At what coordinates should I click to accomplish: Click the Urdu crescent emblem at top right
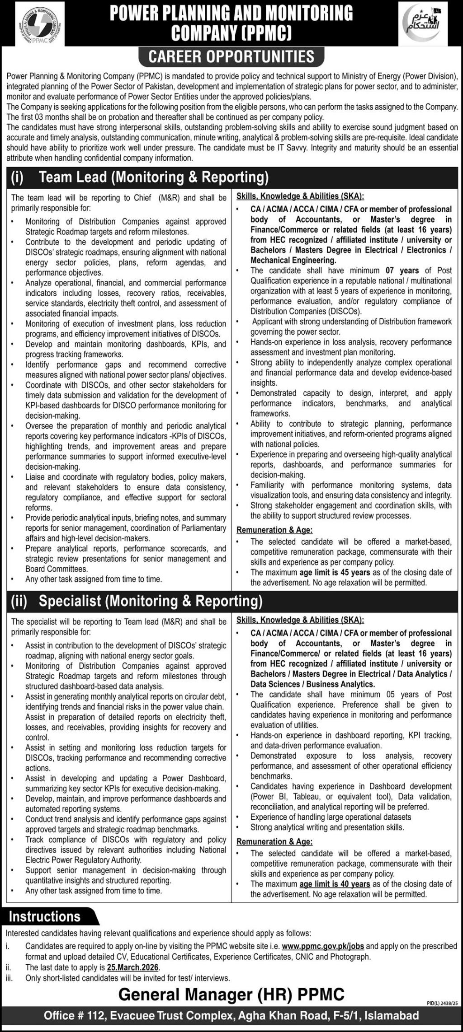pyautogui.click(x=422, y=23)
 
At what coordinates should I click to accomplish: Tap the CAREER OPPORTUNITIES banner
pyautogui.click(x=231, y=57)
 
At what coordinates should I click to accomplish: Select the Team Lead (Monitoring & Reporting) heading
pyautogui.click(x=154, y=177)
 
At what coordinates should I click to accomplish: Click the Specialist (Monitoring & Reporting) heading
pyautogui.click(x=151, y=601)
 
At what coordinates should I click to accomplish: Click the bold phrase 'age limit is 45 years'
pyautogui.click(x=335, y=573)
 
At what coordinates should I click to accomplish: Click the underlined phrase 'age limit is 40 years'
pyautogui.click(x=335, y=884)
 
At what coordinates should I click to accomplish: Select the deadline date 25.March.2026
pyautogui.click(x=133, y=967)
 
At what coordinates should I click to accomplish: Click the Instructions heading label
pyautogui.click(x=45, y=917)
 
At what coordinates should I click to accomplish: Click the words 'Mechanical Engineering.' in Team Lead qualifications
pyautogui.click(x=293, y=260)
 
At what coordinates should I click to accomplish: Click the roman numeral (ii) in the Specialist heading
pyautogui.click(x=19, y=601)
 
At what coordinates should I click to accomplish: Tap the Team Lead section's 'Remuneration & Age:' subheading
pyautogui.click(x=274, y=530)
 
